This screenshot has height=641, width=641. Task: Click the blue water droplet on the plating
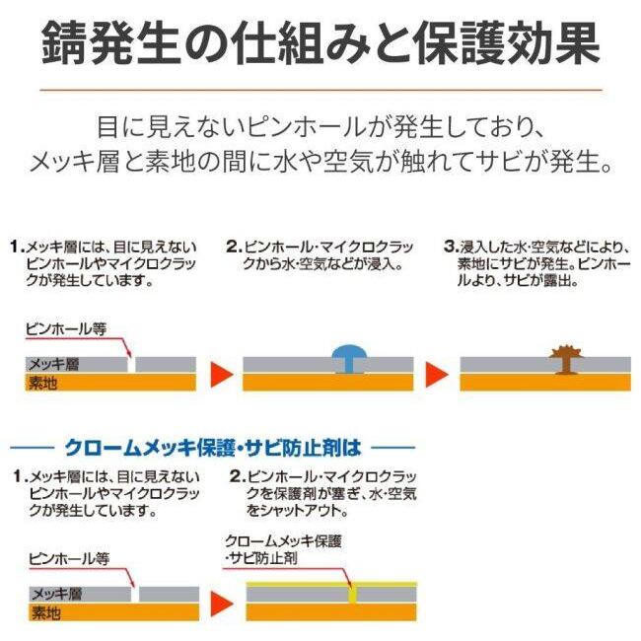(349, 359)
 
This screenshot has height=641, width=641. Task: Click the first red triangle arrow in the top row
(221, 374)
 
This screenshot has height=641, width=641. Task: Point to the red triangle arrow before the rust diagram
(437, 374)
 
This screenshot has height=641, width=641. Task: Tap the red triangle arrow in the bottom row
(222, 604)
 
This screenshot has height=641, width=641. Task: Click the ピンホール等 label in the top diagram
(66, 328)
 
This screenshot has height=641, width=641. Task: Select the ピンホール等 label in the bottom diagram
(69, 559)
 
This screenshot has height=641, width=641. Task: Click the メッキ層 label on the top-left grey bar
(53, 364)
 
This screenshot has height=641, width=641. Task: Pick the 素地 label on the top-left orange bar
(42, 383)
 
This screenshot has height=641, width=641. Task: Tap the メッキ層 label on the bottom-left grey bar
(57, 594)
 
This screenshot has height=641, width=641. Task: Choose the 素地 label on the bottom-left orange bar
(45, 612)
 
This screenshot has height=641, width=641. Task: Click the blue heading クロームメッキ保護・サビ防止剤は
(213, 448)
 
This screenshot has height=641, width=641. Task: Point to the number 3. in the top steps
(451, 247)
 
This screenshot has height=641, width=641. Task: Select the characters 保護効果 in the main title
(507, 43)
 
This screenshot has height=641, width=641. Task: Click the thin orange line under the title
(320, 89)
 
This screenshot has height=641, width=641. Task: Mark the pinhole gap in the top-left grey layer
(131, 364)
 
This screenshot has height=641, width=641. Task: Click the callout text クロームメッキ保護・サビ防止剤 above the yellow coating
(283, 549)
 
